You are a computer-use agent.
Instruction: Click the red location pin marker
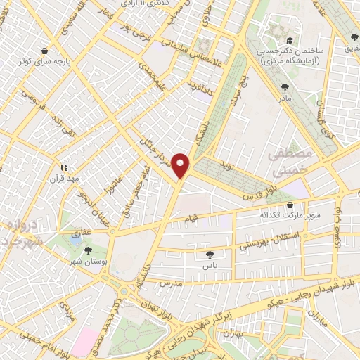183,165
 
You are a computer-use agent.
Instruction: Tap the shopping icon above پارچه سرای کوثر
46,51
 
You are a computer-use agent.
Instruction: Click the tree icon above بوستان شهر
88,249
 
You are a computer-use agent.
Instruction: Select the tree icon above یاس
208,254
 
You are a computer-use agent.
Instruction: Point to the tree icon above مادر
285,87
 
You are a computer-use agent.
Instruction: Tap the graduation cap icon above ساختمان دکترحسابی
290,41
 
